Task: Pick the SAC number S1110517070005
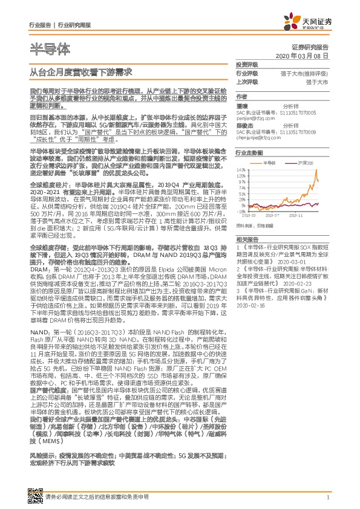(x=302, y=112)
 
